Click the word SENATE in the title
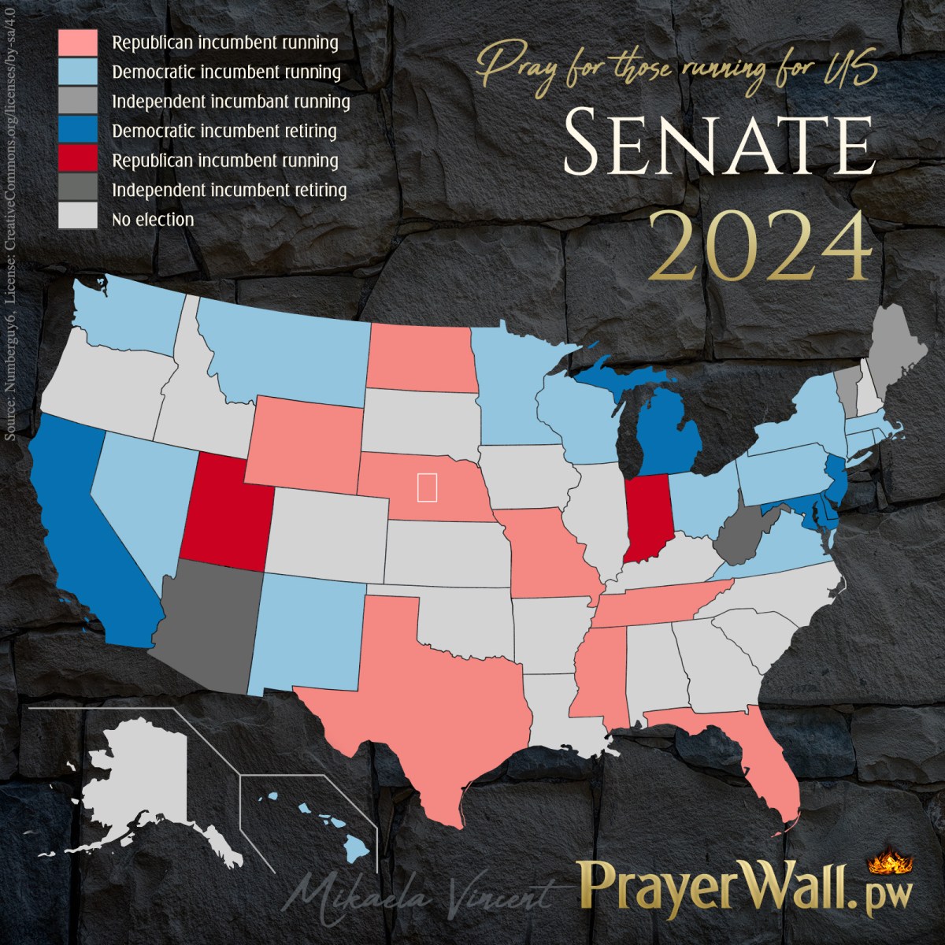tap(718, 144)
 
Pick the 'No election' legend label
tap(153, 220)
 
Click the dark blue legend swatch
tap(78, 131)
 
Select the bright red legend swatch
tap(78, 161)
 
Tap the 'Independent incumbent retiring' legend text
tap(229, 191)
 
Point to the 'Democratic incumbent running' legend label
tap(226, 72)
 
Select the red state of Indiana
tap(647, 517)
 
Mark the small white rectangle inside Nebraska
tap(427, 487)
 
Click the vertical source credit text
tap(11, 299)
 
